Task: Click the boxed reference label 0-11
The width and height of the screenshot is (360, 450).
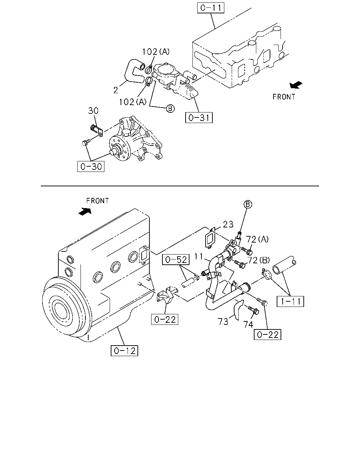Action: point(211,8)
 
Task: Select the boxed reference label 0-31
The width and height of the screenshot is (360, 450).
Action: point(199,117)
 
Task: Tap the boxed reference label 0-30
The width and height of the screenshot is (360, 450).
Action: point(91,166)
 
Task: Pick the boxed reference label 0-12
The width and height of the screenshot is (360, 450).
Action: point(124,351)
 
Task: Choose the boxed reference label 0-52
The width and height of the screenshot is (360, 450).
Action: point(176,259)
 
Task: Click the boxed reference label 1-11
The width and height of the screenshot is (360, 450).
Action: point(290,301)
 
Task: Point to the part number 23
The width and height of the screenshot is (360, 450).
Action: point(228,224)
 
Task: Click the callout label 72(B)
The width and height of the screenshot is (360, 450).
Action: point(258,260)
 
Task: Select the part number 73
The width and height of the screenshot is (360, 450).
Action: point(223,322)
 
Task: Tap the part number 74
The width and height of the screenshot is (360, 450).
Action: point(248,324)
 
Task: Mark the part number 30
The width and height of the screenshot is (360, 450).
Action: point(93,111)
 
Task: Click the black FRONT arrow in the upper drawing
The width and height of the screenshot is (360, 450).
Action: point(296,85)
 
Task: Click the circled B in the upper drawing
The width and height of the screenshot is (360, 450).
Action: point(170,109)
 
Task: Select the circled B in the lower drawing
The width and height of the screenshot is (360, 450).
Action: point(248,204)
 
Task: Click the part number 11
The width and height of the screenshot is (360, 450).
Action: point(199,256)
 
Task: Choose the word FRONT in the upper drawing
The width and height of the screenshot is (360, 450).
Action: point(284,97)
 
